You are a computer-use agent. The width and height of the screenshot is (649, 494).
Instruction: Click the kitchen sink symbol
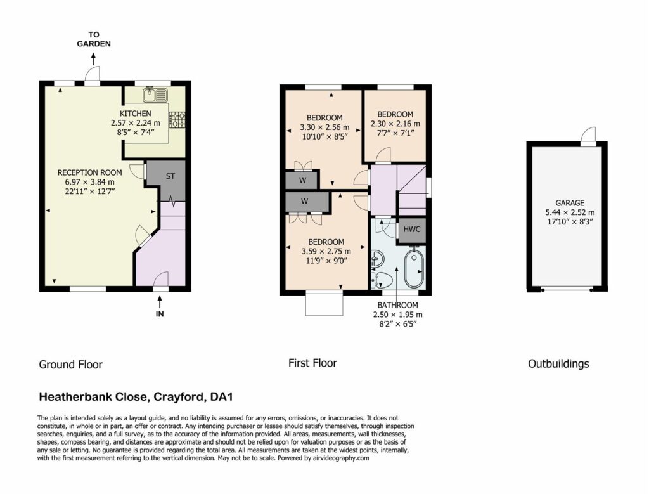155,95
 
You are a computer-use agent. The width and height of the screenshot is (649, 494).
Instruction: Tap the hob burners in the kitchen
177,120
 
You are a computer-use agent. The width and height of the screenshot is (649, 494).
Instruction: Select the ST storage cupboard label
170,176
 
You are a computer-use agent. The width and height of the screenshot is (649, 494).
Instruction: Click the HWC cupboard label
412,230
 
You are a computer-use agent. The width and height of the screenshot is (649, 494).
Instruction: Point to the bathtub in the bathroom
414,268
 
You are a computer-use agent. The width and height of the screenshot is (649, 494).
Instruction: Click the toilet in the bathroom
382,280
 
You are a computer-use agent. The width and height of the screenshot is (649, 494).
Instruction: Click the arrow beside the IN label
160,301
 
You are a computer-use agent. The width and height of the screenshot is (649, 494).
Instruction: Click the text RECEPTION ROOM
89,172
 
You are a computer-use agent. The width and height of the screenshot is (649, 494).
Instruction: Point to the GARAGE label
570,203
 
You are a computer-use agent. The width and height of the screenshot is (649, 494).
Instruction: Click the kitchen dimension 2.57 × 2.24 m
136,123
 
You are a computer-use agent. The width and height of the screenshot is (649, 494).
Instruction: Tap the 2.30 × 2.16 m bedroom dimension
395,124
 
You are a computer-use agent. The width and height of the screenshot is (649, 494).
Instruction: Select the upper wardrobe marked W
302,180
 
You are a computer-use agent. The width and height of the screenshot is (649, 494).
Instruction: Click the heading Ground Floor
71,365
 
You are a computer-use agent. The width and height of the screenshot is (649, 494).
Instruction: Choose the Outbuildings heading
558,364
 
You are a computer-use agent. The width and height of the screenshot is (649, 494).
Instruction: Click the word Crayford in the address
179,397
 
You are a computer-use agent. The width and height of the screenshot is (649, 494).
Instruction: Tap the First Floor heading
312,363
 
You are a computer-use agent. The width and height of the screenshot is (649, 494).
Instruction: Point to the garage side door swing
588,134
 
